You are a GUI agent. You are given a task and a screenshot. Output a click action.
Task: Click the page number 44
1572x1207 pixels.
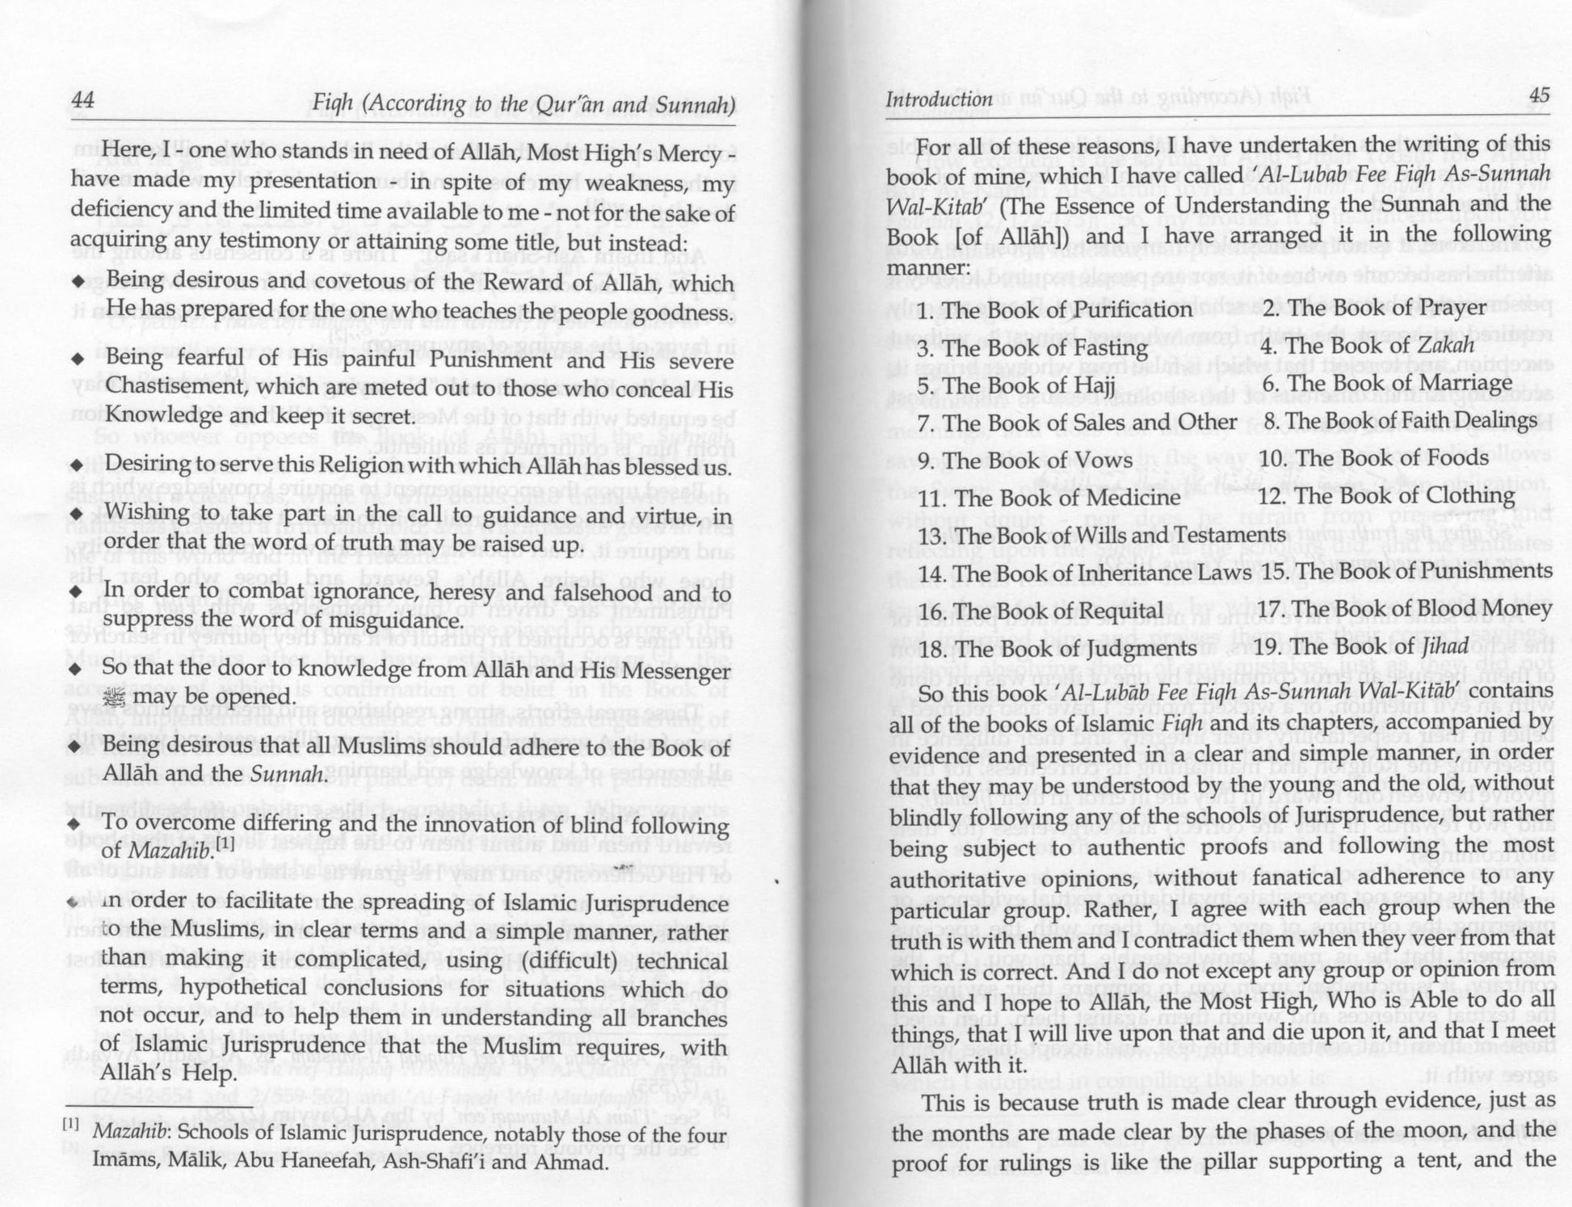click(x=83, y=100)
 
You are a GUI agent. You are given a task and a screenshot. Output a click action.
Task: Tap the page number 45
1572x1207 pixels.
click(x=1538, y=96)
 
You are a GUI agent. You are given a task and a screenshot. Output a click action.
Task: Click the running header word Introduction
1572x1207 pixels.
click(x=939, y=99)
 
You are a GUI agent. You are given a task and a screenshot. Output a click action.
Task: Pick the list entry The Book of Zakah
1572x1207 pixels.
click(x=1367, y=346)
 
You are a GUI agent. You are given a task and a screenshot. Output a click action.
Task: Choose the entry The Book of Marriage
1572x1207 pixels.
click(x=1387, y=383)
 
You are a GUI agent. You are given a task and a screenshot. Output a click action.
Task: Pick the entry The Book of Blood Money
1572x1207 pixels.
click(x=1405, y=609)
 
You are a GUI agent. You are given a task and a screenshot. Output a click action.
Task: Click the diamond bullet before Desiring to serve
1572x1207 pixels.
click(x=77, y=466)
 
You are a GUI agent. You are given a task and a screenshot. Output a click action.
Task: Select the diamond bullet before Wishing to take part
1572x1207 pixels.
click(x=77, y=515)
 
